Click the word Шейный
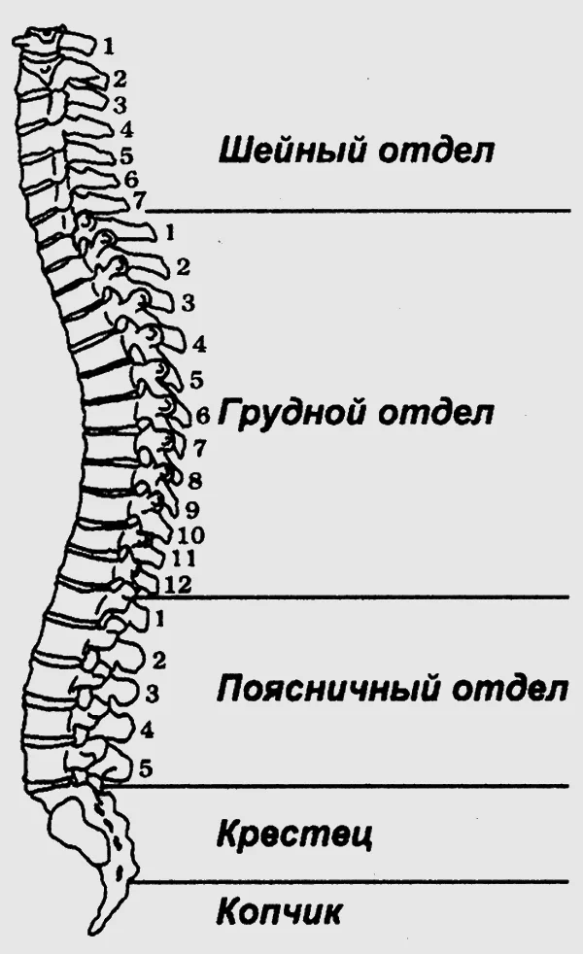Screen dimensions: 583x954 pyautogui.click(x=291, y=149)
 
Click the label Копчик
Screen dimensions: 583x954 pyautogui.click(x=279, y=911)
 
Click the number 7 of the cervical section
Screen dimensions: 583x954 pyautogui.click(x=139, y=199)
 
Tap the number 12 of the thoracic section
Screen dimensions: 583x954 pyautogui.click(x=178, y=585)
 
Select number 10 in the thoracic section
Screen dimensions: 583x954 pyautogui.click(x=190, y=535)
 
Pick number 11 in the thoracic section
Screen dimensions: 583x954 pyautogui.click(x=184, y=558)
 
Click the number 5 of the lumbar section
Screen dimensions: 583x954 pyautogui.click(x=146, y=768)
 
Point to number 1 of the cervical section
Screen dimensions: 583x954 pyautogui.click(x=108, y=47)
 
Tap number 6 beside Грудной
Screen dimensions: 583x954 pyautogui.click(x=203, y=416)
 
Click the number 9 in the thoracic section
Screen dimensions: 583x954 pyautogui.click(x=193, y=510)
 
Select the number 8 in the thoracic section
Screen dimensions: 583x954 pyautogui.click(x=194, y=481)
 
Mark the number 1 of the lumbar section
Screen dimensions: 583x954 pyautogui.click(x=160, y=620)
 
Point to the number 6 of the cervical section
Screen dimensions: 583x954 pyautogui.click(x=131, y=180)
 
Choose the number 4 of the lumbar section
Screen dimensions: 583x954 pyautogui.click(x=147, y=731)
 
